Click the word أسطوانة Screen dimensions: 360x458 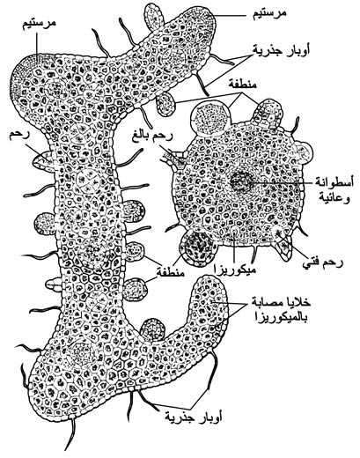(x=334, y=181)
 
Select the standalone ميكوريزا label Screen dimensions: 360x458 (x=235, y=270)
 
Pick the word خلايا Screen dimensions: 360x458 (x=299, y=302)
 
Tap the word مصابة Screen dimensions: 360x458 (x=268, y=302)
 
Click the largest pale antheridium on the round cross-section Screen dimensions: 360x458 (x=210, y=118)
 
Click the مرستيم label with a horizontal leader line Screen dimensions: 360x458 (x=269, y=13)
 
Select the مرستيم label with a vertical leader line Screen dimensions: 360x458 (x=39, y=24)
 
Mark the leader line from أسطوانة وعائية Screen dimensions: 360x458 (x=281, y=182)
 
